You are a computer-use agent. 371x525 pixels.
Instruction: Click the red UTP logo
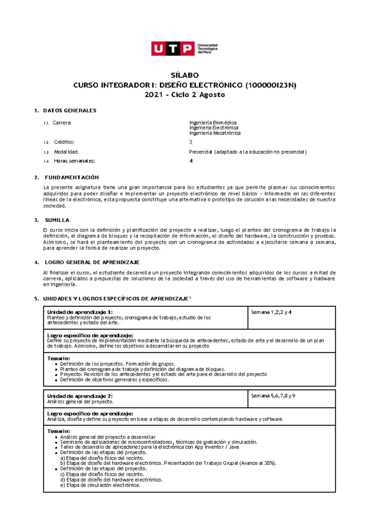[x=173, y=49]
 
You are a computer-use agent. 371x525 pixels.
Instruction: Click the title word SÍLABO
[x=185, y=75]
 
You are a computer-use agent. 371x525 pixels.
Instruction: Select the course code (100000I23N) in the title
[x=271, y=85]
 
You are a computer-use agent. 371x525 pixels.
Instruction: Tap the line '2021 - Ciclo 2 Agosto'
[x=185, y=95]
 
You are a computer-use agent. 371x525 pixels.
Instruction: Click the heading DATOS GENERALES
[x=70, y=111]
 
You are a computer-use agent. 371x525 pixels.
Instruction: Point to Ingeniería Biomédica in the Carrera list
[x=213, y=123]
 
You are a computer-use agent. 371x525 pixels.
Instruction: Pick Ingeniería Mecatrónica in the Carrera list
[x=215, y=133]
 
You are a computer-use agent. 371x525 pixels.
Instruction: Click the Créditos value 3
[x=191, y=142]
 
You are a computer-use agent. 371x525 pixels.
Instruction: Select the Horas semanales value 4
[x=191, y=161]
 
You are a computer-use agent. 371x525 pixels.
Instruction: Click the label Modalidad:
[x=66, y=152]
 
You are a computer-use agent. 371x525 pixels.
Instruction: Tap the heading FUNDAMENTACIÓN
[x=72, y=177]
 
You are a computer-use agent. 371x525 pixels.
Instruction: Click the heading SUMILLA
[x=57, y=220]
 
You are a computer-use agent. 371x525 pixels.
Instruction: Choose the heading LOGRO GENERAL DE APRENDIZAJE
[x=92, y=262]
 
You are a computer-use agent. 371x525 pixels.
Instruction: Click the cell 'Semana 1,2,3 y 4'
[x=271, y=312]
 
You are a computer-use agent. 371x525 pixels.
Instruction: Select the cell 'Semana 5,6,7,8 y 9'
[x=273, y=396]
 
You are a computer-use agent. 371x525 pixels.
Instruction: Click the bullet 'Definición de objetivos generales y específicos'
[x=114, y=380]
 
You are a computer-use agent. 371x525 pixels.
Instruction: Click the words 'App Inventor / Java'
[x=216, y=447]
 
